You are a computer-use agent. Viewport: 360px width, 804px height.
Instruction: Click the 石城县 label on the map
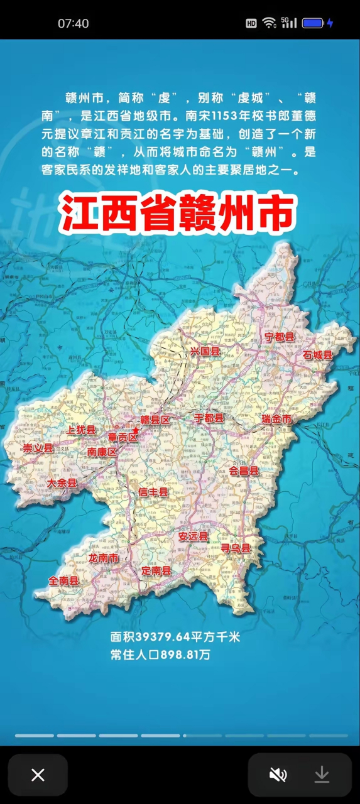317,355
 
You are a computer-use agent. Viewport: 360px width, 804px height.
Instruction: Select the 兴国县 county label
205,352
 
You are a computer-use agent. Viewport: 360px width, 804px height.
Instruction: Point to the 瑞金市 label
277,419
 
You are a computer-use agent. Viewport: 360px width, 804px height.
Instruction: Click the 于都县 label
209,418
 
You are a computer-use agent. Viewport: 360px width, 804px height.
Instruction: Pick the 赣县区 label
155,420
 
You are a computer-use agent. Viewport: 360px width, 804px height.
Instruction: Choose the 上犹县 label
81,430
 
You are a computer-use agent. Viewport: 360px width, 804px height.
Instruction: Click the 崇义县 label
38,448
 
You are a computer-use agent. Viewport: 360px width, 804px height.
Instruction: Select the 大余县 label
62,483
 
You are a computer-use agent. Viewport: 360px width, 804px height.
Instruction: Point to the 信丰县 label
154,492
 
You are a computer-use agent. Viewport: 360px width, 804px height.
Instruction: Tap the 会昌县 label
244,470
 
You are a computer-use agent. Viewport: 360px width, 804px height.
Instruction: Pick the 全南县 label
64,581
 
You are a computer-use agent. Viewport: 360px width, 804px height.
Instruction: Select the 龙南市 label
104,558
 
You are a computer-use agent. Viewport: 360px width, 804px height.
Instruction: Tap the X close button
38,775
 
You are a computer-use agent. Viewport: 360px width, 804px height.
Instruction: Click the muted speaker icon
278,775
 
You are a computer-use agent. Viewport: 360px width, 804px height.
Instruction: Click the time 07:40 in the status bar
74,23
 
